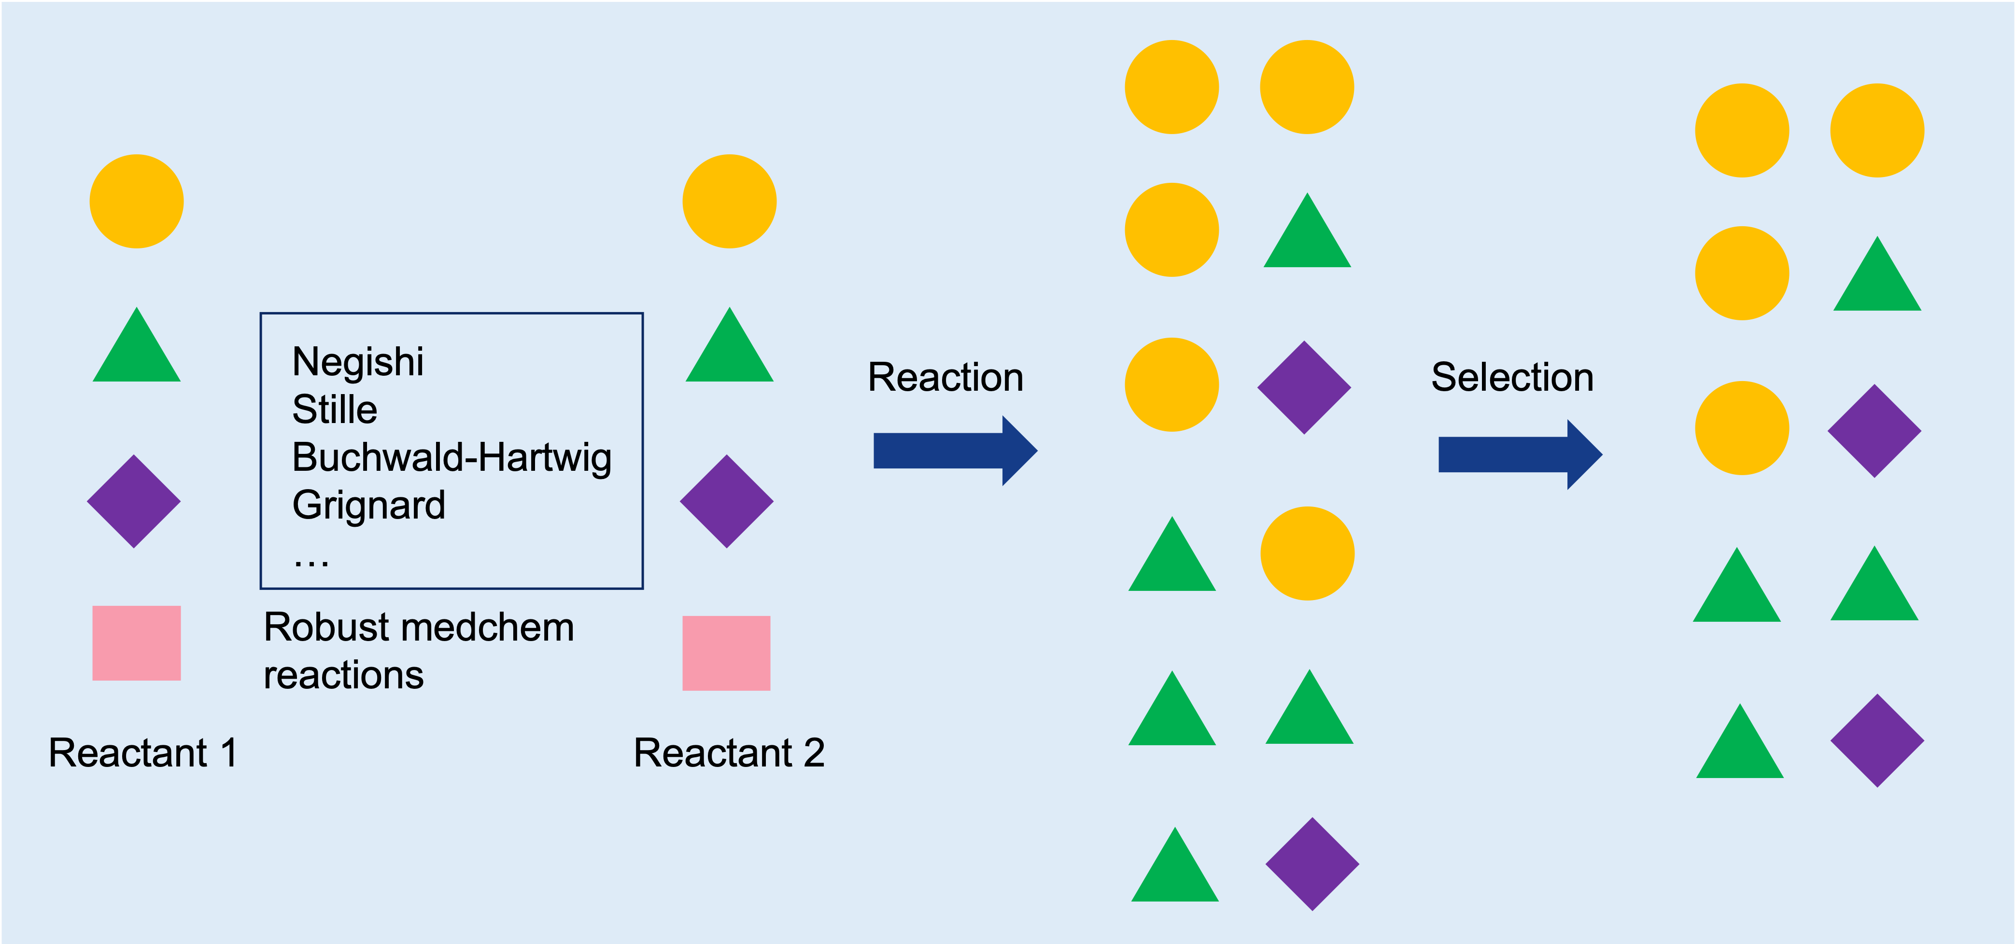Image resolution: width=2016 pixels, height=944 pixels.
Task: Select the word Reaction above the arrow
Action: coord(946,377)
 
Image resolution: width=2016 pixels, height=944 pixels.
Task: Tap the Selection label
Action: coord(1512,377)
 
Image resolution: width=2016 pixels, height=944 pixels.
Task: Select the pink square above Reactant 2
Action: coord(726,653)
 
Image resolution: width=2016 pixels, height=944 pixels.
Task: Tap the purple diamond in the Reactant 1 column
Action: coord(134,501)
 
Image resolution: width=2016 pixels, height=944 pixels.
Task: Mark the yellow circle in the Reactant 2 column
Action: coord(730,201)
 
